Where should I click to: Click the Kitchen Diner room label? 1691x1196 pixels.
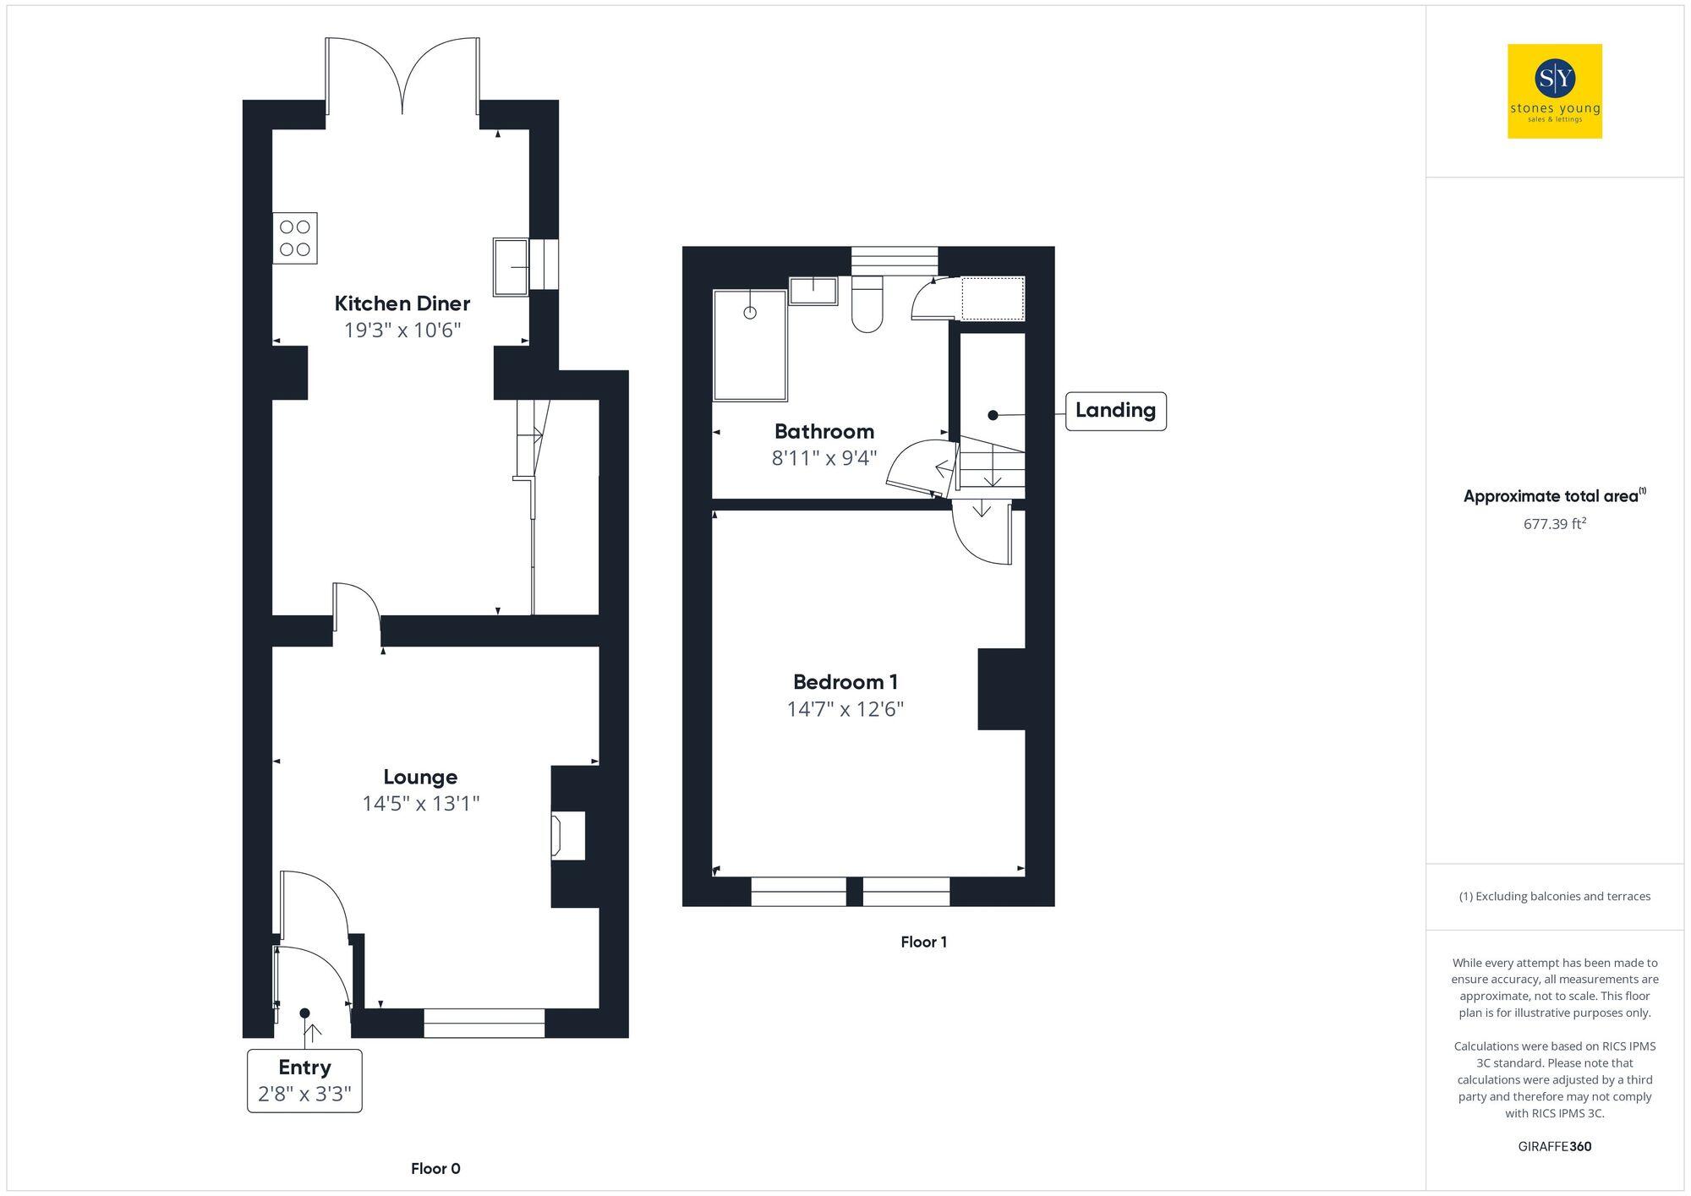[402, 303]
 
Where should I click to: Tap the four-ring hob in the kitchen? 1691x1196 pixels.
[295, 238]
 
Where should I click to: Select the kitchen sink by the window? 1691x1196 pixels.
[511, 267]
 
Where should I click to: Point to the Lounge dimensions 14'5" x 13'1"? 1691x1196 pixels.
[420, 803]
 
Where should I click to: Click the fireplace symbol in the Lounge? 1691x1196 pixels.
[567, 836]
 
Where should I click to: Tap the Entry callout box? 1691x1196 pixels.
[304, 1081]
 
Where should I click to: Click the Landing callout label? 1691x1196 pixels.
[1115, 411]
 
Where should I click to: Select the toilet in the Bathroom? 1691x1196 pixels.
[867, 304]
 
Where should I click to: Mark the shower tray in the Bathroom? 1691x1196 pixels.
[750, 345]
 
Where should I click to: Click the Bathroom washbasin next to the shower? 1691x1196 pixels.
[813, 291]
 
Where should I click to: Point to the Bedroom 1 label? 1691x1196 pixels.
[845, 682]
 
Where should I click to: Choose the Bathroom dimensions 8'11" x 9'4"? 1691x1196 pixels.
[824, 458]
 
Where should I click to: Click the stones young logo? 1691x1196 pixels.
[1554, 91]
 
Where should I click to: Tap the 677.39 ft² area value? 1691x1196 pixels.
[1554, 524]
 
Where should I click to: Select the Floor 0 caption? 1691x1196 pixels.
[435, 1169]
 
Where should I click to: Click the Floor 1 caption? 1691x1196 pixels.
[923, 942]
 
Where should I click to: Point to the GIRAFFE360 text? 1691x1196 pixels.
[1554, 1147]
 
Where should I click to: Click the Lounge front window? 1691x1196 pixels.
[484, 1023]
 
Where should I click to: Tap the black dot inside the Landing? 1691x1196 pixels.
[993, 415]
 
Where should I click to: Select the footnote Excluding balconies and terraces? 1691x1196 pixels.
[1554, 896]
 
